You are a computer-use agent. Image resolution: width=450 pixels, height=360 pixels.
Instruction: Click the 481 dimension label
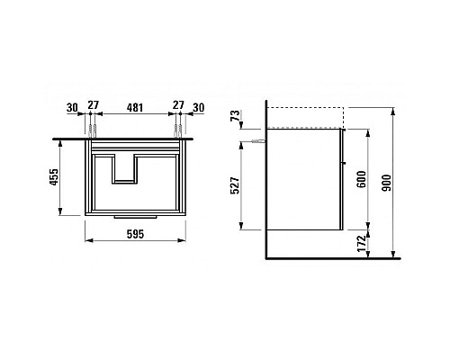(135, 107)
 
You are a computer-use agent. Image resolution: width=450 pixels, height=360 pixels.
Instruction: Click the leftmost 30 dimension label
(71, 107)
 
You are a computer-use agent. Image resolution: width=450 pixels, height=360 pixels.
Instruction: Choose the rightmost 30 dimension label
(198, 107)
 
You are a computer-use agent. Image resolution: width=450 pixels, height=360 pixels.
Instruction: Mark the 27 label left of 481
(94, 107)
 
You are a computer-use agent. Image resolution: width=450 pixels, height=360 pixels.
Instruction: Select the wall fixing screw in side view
(258, 142)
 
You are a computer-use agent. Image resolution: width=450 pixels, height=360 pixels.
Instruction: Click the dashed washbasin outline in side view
(306, 118)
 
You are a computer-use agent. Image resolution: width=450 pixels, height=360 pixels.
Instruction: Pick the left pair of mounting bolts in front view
(94, 132)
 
